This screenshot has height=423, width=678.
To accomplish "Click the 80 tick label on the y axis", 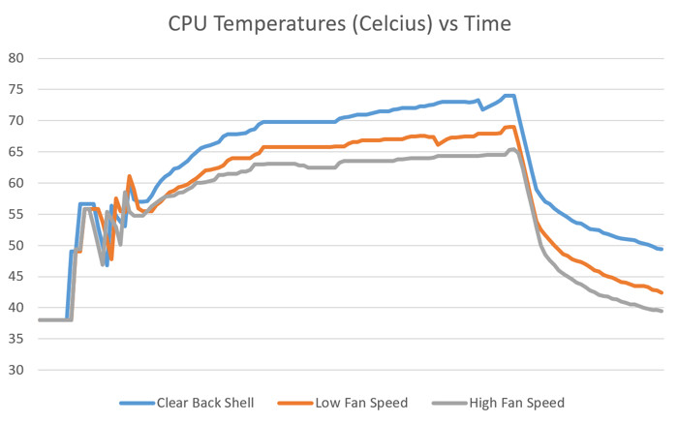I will point(15,58).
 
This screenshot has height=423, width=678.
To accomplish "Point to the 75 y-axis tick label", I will point(15,89).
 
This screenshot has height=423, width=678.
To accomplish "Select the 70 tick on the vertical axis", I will point(15,121).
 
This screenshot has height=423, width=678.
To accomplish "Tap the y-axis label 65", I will point(15,152).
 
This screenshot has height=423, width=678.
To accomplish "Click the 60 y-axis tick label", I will point(15,183).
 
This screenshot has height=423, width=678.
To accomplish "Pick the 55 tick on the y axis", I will point(15,214).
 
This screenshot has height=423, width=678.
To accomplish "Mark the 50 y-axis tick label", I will point(15,246).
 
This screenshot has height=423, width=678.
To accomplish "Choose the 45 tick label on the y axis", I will point(15,277).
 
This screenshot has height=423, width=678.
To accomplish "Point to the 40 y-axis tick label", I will point(15,308).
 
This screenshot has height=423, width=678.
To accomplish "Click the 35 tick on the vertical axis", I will point(15,339).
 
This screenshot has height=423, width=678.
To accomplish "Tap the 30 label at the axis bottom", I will point(15,371).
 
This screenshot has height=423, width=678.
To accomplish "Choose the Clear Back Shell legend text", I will point(206,403).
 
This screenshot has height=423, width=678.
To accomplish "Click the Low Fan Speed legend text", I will point(361,403).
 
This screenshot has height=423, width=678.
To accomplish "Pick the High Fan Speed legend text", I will point(516,403).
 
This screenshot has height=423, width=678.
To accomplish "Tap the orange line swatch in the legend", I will point(293,403).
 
